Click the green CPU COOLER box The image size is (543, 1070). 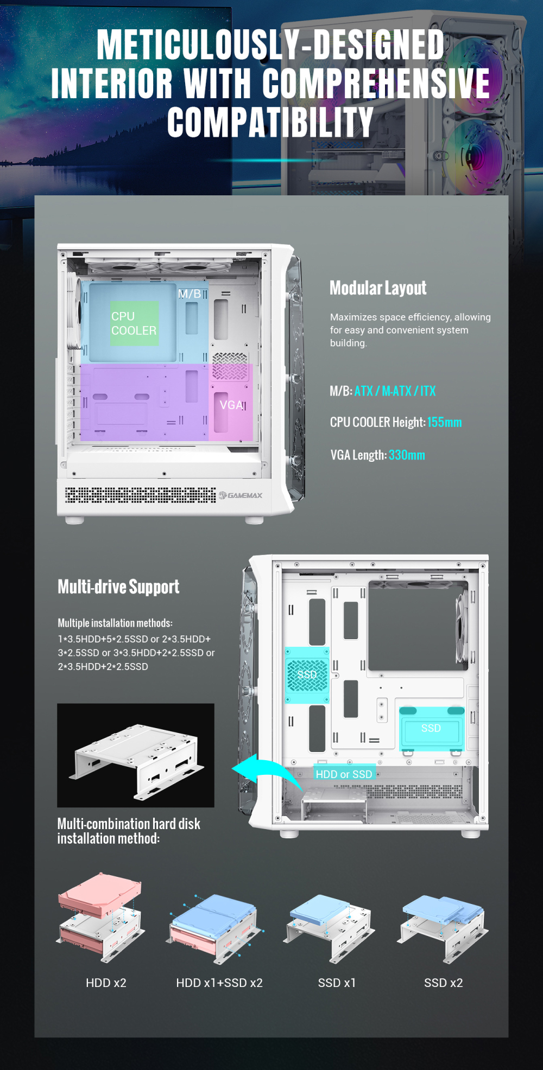click(135, 323)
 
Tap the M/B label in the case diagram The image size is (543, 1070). click(189, 294)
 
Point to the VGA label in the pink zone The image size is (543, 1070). click(231, 405)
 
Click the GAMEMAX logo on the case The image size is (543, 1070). click(241, 495)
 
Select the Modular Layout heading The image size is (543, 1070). click(378, 288)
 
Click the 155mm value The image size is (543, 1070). click(444, 422)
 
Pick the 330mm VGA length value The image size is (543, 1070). click(407, 455)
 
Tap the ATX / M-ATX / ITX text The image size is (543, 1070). click(395, 391)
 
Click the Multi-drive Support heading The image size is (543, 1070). click(118, 587)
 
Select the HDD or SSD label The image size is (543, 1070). click(344, 774)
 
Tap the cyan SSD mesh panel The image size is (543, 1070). click(307, 675)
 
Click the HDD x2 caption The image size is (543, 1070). click(106, 983)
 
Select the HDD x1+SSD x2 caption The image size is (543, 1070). click(219, 983)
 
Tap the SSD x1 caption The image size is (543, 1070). click(337, 983)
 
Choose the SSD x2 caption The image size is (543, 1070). click(444, 983)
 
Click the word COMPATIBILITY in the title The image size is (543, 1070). click(270, 122)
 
